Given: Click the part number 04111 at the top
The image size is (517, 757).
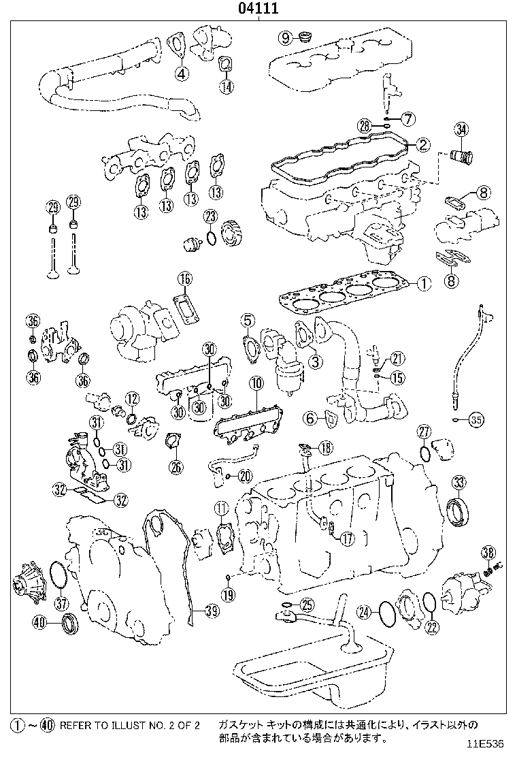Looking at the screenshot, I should [x=258, y=9].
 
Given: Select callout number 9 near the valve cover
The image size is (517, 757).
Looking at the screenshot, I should [x=285, y=37].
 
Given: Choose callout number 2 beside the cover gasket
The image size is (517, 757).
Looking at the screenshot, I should [x=422, y=144].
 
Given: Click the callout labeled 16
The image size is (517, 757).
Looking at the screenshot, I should [x=185, y=278].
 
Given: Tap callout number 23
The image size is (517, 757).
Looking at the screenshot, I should [x=210, y=217].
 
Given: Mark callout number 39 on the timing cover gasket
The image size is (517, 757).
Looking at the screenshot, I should [x=212, y=611].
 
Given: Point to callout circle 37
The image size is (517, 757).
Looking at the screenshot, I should [x=62, y=602].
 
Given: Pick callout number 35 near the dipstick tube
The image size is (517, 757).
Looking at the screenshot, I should [x=476, y=420].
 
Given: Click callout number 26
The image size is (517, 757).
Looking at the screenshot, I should [x=176, y=466].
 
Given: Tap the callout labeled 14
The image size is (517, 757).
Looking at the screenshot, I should [x=227, y=86].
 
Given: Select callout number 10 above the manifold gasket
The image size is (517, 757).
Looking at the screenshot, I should [x=255, y=384].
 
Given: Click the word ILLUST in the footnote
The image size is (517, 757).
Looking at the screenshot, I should [x=127, y=726].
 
